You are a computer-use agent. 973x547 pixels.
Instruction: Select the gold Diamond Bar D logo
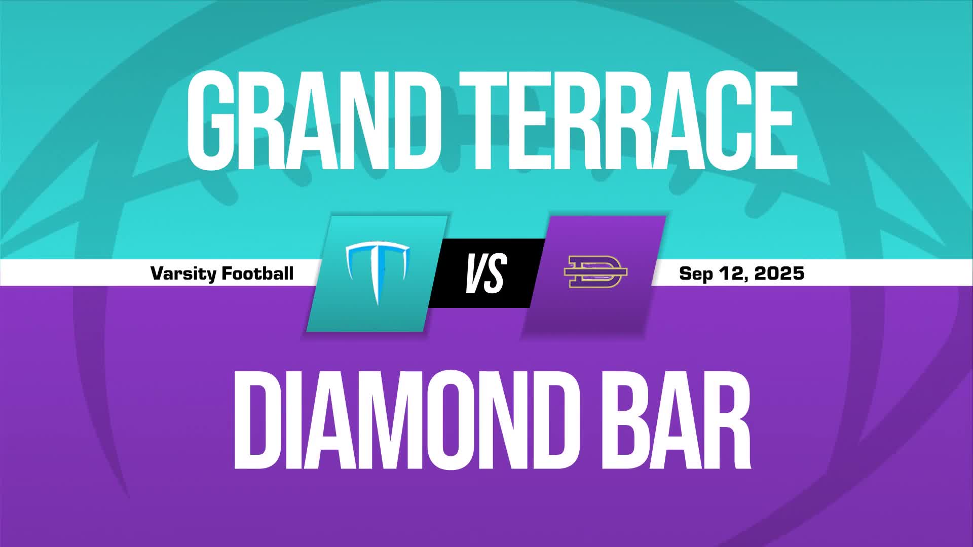595,272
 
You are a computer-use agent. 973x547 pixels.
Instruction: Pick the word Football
258,273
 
